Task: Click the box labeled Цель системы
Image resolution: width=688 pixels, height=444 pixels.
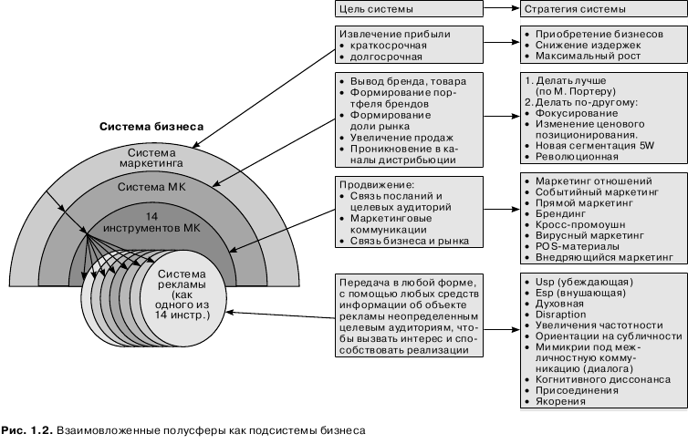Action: coord(405,9)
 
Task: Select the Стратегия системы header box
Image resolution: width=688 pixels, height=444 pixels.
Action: coord(600,9)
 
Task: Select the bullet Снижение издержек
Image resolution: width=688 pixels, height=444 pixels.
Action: coord(589,44)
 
